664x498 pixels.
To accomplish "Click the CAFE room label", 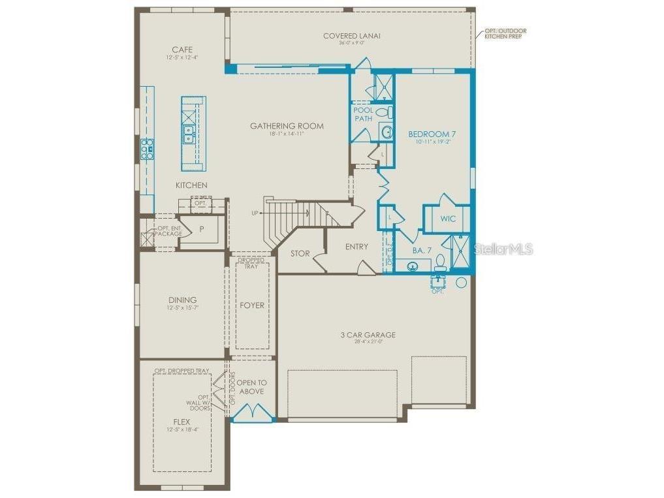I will [x=182, y=50].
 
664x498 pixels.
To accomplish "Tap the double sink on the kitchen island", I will [x=189, y=134].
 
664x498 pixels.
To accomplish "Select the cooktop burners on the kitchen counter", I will [x=148, y=149].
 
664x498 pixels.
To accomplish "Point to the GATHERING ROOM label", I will [x=287, y=126].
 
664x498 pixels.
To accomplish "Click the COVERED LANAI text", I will [x=351, y=36].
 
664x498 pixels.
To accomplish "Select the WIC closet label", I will [x=448, y=219].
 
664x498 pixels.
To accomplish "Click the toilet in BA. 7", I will [x=441, y=262].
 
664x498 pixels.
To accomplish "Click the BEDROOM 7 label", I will [x=432, y=134].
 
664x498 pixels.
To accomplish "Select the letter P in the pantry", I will [x=202, y=229].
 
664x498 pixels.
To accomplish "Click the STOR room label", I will [x=300, y=253].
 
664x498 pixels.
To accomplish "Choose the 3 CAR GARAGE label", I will [x=368, y=335].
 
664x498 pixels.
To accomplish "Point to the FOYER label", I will [x=251, y=305].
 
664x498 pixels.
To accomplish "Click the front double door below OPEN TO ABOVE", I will [x=251, y=414].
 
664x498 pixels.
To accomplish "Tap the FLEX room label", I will [x=182, y=422].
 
